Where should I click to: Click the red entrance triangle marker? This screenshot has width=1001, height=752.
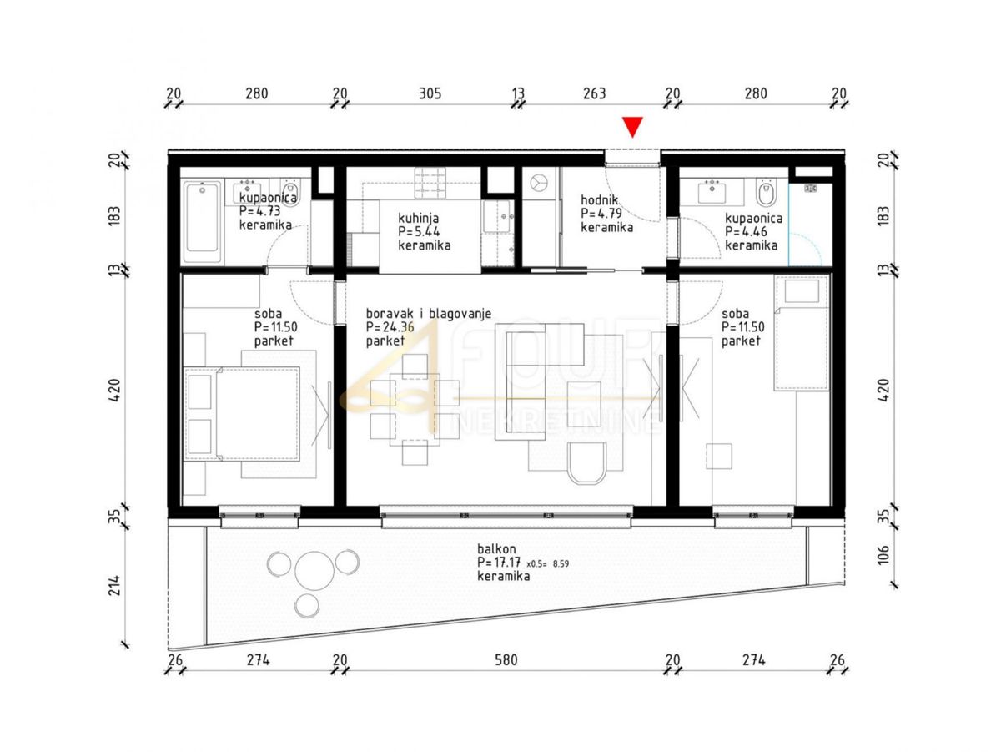[x=632, y=126]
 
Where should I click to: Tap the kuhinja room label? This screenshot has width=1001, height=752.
[x=418, y=218]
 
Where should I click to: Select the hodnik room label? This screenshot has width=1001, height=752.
[x=599, y=199]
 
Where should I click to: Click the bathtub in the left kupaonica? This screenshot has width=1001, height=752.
[x=203, y=217]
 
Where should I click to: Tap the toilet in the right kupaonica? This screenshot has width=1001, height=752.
[x=765, y=193]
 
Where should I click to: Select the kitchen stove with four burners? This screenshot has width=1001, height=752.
[x=430, y=183]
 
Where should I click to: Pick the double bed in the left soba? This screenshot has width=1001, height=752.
[x=242, y=414]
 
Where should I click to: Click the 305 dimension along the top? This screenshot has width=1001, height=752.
[x=430, y=93]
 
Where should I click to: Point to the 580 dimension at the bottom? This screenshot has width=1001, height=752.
[x=506, y=660]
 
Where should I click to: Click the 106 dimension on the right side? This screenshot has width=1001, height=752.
[x=883, y=555]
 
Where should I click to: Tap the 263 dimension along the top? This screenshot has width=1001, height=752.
[x=595, y=93]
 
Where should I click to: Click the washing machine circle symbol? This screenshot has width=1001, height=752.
[x=539, y=182]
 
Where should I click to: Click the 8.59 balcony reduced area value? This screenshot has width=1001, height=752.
[x=561, y=564]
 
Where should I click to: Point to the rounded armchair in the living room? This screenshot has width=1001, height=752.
[x=587, y=463]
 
